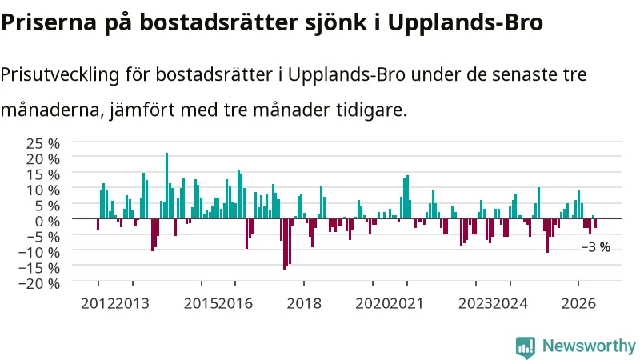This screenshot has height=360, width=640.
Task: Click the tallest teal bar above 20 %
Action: point(166,186)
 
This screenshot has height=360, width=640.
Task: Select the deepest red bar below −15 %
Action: point(285,244)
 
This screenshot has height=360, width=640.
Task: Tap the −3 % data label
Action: point(595,247)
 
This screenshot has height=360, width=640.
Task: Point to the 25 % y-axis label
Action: point(43,144)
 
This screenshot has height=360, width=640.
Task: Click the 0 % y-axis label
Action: point(47,222)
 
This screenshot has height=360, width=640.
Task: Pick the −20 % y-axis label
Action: point(39,284)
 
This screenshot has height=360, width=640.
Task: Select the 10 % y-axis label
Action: point(43,190)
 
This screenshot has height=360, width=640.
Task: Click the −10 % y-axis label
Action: point(39,252)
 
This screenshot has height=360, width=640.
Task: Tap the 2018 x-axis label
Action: point(304,304)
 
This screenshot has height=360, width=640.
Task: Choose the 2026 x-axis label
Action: point(578,304)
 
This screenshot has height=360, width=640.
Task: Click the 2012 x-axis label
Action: point(98,304)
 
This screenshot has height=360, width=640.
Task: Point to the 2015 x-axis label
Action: point(201,304)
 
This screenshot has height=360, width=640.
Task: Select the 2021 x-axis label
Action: point(406,304)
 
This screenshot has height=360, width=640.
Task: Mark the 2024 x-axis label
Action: point(510,304)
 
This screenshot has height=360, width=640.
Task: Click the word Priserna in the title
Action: point(49,22)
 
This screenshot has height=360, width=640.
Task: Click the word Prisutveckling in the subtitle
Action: point(60,75)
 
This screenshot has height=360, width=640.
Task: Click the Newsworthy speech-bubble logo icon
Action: point(526,346)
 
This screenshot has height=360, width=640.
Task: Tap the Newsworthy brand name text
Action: point(589,346)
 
